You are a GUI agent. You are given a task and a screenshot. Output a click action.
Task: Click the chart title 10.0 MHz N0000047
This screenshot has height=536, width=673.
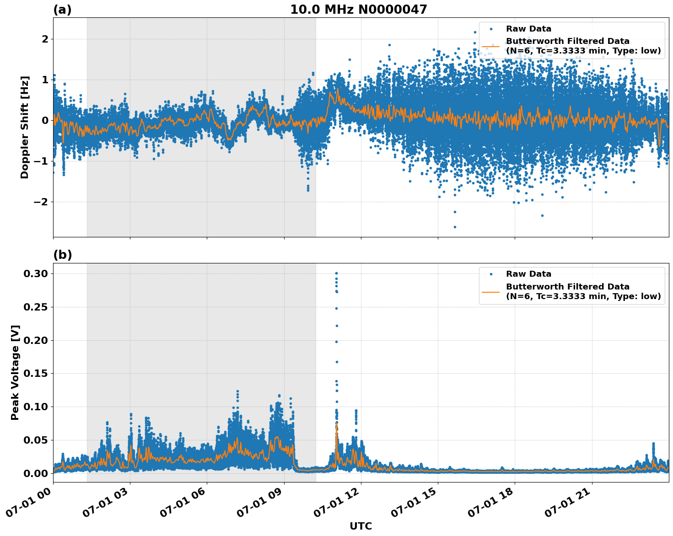tap(358, 10)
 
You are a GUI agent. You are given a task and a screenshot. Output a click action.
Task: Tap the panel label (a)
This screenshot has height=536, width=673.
tap(62, 10)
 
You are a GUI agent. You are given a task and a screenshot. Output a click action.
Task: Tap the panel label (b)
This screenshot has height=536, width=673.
tap(62, 255)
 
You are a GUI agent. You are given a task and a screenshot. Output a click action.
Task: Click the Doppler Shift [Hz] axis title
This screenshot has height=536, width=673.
tap(25, 127)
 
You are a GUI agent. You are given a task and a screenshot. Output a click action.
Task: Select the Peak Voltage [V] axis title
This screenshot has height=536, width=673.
tap(15, 372)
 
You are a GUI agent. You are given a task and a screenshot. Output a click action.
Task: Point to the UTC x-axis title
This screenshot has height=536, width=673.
tap(361, 526)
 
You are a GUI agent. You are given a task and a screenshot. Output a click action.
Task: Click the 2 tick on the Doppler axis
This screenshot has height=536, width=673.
tap(45, 39)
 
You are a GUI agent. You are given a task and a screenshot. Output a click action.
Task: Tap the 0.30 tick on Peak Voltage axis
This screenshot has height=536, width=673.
tap(36, 273)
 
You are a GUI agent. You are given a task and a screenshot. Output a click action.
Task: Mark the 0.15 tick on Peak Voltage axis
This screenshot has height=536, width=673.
tap(36, 374)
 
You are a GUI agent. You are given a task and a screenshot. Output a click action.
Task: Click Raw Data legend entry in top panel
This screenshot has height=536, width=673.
tap(528, 29)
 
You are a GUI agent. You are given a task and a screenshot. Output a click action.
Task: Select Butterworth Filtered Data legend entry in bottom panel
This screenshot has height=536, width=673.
tap(583, 292)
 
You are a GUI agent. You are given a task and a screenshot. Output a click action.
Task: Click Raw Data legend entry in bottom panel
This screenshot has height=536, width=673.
tap(528, 274)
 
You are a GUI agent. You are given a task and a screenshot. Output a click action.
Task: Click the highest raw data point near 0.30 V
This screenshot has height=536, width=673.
tap(336, 273)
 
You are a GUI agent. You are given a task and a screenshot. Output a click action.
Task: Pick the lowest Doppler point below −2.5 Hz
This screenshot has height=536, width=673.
tap(455, 227)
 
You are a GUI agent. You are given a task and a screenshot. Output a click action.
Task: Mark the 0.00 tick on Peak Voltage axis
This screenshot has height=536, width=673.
tap(36, 473)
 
